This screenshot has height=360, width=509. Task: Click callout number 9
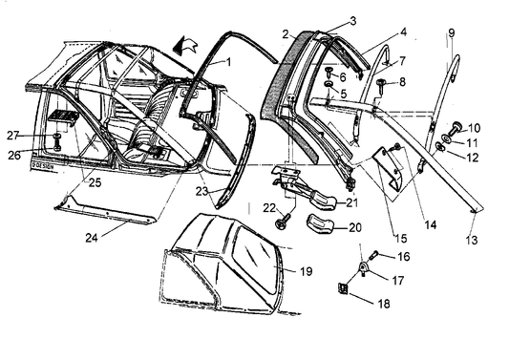pos(451,33)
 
